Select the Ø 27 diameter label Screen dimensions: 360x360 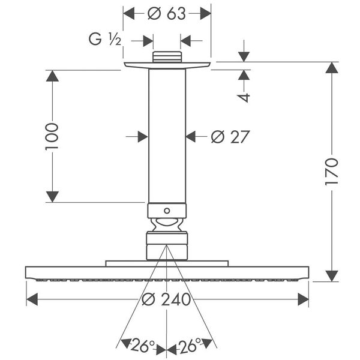point(230,137)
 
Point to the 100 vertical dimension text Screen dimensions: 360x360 point(52,136)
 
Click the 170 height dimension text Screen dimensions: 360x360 point(332,172)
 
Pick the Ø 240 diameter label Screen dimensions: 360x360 point(167,299)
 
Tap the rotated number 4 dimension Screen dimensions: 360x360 point(244,97)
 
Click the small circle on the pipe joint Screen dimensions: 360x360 point(167,211)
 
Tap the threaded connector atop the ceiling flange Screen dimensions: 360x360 point(167,57)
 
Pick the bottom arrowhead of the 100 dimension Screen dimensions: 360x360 point(52,196)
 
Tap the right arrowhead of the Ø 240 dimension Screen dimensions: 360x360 point(302,299)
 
